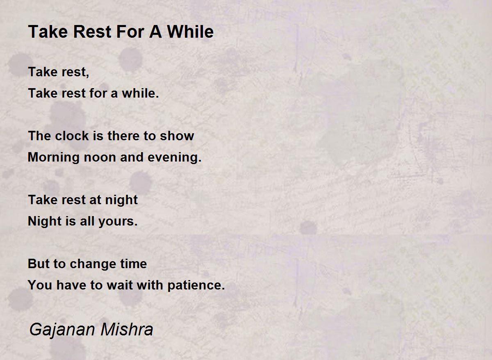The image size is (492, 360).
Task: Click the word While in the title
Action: (x=190, y=32)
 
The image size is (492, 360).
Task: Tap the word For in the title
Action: (x=130, y=32)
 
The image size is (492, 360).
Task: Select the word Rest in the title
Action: (x=92, y=32)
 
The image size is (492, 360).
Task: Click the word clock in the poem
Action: (x=72, y=136)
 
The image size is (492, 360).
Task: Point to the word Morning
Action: (x=54, y=158)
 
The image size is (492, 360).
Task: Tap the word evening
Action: (x=174, y=158)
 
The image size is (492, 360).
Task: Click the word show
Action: (x=177, y=136)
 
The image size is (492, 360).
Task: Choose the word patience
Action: (x=196, y=285)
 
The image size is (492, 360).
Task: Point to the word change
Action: (x=93, y=264)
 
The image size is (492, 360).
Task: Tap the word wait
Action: (x=120, y=285)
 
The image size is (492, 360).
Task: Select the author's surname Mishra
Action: (x=127, y=329)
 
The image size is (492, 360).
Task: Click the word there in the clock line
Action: (x=123, y=136)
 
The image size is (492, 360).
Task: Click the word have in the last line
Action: (x=71, y=285)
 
